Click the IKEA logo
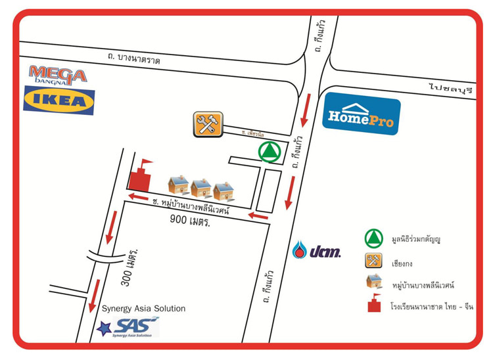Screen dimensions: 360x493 59,101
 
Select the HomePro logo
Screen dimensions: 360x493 362,116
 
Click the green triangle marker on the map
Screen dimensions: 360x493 268,152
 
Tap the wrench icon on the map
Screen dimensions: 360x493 208,124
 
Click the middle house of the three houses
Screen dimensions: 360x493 200,189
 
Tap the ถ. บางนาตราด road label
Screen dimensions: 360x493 135,59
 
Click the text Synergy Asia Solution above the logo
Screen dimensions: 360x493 143,308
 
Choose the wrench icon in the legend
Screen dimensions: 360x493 374,261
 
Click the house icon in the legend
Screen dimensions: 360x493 374,283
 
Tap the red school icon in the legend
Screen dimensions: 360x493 374,305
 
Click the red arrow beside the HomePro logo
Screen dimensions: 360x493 305,111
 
